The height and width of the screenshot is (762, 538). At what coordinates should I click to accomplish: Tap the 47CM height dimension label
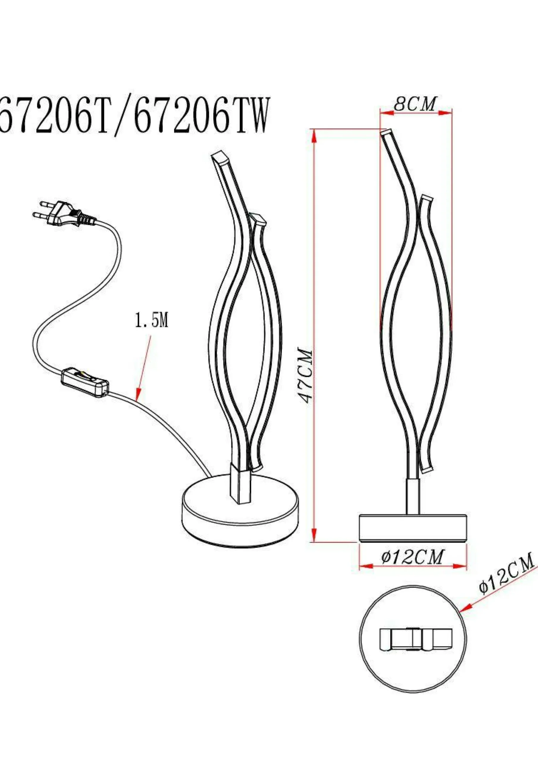point(305,375)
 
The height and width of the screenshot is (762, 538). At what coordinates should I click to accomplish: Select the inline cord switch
point(85,383)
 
